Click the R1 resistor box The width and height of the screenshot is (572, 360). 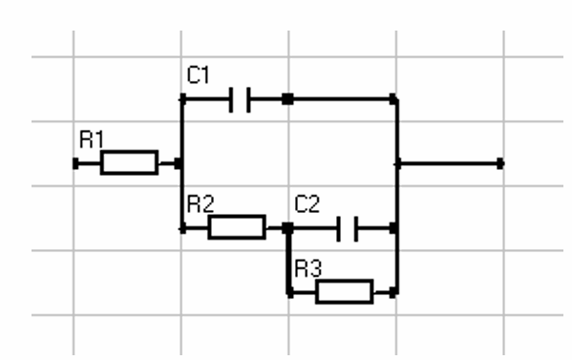[130, 162]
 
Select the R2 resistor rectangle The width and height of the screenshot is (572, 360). [237, 227]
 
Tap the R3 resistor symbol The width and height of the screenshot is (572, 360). [345, 292]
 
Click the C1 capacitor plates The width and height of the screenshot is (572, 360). [240, 99]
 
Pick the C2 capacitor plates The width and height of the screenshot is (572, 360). [348, 228]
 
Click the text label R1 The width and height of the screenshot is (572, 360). [92, 139]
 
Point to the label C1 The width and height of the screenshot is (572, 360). [198, 74]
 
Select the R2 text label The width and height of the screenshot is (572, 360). [201, 204]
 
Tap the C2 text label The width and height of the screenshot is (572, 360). [307, 204]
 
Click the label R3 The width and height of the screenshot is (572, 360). [307, 268]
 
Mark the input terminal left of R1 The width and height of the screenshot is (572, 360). [75, 163]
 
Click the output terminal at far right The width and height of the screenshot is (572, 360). [500, 163]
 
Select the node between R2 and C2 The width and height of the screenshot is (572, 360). [287, 228]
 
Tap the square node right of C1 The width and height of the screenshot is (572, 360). [287, 99]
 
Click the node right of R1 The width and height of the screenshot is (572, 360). [179, 163]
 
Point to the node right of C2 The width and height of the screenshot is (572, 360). [393, 228]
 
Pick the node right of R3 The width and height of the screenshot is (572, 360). [393, 292]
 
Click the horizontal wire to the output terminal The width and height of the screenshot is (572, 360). [449, 163]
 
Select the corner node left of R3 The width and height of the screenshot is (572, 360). [289, 292]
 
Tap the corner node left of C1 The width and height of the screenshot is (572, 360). [182, 99]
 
